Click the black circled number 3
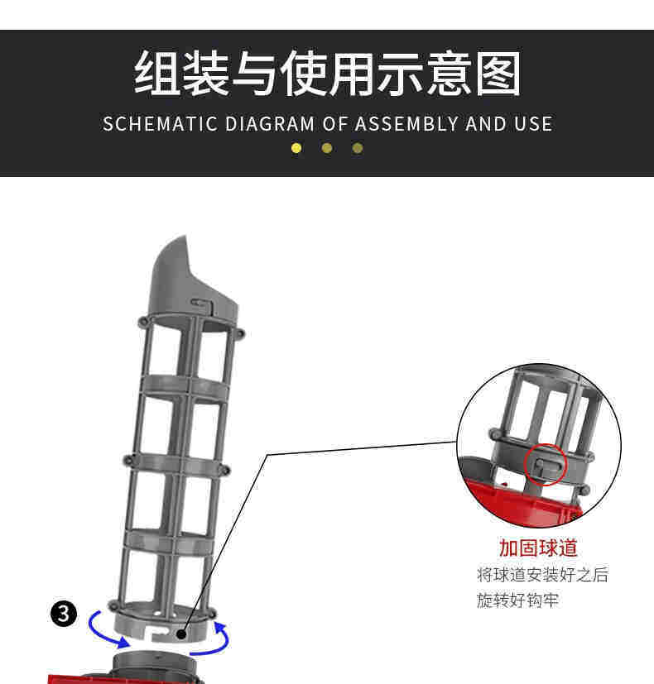point(65,614)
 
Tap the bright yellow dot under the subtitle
point(296,148)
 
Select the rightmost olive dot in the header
point(358,148)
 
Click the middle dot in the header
point(327,148)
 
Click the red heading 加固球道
point(538,548)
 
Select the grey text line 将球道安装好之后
point(542,575)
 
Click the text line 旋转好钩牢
point(518,600)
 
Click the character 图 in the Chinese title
point(495,74)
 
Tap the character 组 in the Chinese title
point(159,74)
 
